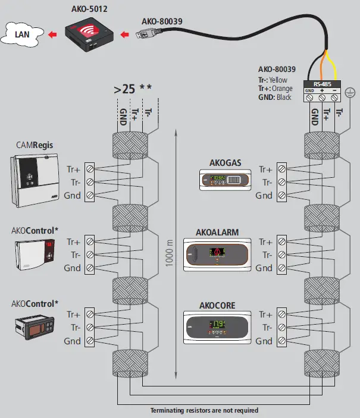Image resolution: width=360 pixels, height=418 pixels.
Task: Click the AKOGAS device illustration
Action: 222,178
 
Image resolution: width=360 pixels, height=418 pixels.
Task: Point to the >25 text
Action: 125,90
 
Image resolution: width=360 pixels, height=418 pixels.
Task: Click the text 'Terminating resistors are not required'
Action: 204,410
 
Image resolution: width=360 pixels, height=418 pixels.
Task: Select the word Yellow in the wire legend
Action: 278,80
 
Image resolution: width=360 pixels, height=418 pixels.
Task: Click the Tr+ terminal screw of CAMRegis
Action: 89,169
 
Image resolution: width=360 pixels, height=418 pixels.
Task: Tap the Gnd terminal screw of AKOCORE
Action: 281,341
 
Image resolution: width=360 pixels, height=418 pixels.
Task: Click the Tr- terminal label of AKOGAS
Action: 264,183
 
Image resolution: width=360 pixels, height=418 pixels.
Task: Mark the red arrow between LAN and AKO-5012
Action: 54,34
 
